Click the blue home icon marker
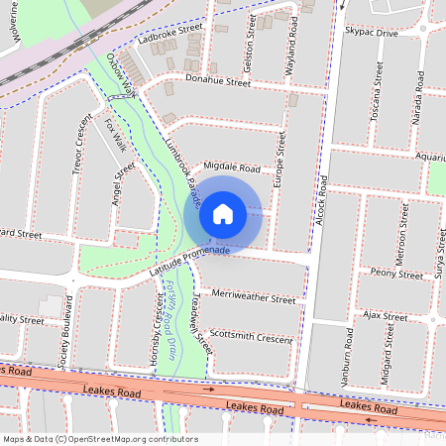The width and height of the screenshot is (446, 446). click(223, 213)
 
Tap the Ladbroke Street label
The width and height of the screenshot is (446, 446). click(169, 38)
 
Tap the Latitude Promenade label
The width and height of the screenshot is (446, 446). click(189, 261)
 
